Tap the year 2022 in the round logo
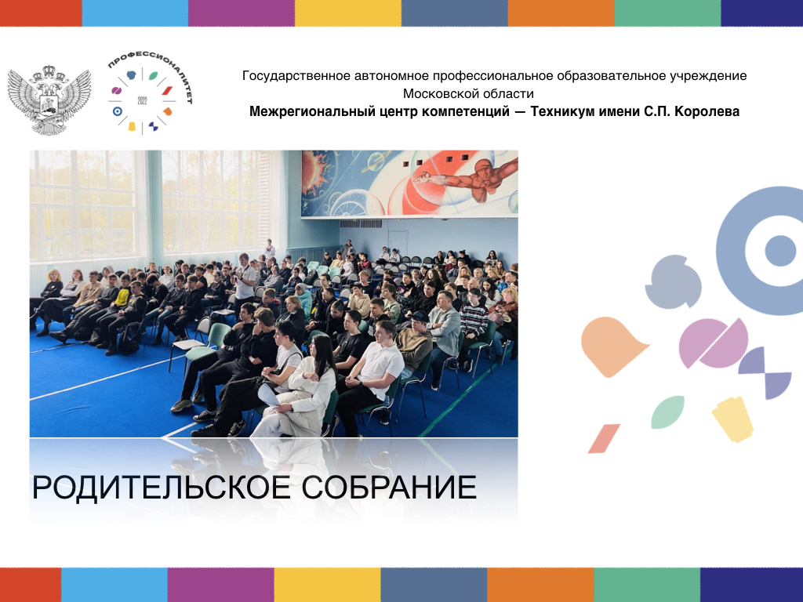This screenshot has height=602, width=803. [x=143, y=101]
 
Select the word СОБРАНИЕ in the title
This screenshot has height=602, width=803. [x=389, y=488]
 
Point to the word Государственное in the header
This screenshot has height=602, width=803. [x=294, y=76]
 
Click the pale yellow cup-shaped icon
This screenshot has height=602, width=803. [x=732, y=419]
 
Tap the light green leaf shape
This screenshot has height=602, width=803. [x=668, y=412]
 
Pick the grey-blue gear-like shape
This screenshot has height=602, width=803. [x=672, y=282]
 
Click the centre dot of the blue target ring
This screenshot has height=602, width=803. [x=780, y=251]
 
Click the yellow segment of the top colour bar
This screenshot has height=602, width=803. [x=348, y=13]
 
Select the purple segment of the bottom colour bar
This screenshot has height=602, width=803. [x=220, y=585]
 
